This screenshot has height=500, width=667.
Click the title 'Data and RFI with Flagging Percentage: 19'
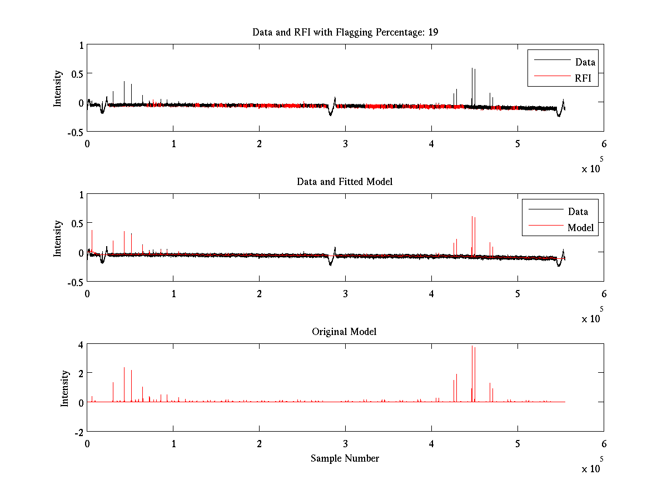click(345, 32)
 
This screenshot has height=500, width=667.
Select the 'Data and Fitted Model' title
click(345, 182)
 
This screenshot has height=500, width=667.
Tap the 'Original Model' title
click(344, 332)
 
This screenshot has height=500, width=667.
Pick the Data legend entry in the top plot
click(585, 62)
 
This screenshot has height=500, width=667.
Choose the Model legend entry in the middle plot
click(580, 227)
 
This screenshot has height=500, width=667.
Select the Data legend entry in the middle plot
click(578, 211)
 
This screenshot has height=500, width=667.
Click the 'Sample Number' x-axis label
click(345, 458)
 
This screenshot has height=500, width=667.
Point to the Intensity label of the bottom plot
click(65, 388)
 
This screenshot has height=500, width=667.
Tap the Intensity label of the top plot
click(58, 88)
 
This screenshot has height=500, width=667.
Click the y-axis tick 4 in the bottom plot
click(81, 344)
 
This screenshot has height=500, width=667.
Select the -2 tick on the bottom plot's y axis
click(79, 432)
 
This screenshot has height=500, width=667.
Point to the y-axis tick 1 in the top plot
click(81, 45)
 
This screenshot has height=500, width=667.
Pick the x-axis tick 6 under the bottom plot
click(604, 443)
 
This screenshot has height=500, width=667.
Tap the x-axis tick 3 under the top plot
click(345, 143)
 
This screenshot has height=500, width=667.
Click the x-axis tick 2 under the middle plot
click(259, 293)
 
